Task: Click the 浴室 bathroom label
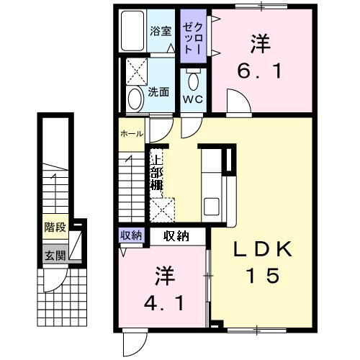point(161,31)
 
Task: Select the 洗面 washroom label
point(158,91)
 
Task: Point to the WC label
point(192,99)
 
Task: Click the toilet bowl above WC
point(192,77)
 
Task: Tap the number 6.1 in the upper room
point(256,72)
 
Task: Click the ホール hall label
point(131,134)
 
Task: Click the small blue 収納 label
point(131,235)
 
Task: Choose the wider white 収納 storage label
point(177,235)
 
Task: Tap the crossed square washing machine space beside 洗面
point(135,72)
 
